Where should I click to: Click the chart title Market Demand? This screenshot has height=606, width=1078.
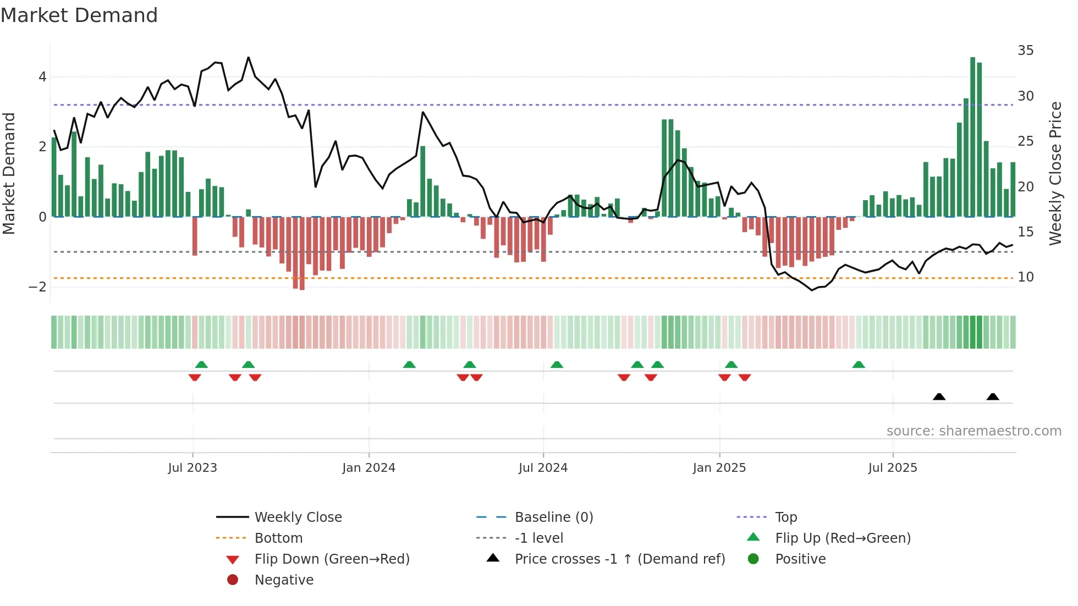79,15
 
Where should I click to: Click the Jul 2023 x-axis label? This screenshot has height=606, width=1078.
193,468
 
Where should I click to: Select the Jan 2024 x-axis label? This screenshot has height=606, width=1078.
369,468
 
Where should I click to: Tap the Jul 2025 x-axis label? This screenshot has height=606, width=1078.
893,468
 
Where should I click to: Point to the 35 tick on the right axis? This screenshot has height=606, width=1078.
1025,51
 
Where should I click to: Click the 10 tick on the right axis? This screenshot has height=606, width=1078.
1025,277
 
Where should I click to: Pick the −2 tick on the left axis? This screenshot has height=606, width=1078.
37,287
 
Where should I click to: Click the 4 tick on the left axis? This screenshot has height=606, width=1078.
42,77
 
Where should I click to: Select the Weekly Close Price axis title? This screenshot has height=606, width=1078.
1055,173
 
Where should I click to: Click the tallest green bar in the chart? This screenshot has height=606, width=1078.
972,137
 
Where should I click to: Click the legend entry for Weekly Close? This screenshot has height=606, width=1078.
298,517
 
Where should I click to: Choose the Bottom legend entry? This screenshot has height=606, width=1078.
278,538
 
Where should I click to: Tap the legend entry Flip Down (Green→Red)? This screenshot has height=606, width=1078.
332,559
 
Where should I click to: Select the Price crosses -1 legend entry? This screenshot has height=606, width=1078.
620,559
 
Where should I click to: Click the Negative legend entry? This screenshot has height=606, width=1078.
284,580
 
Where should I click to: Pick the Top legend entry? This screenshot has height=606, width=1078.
786,517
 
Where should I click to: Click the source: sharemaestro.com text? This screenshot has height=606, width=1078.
974,431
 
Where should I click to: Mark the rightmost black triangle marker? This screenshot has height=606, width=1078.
993,397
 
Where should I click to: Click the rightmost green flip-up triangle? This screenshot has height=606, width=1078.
859,365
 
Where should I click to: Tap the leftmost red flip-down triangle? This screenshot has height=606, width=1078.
195,377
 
